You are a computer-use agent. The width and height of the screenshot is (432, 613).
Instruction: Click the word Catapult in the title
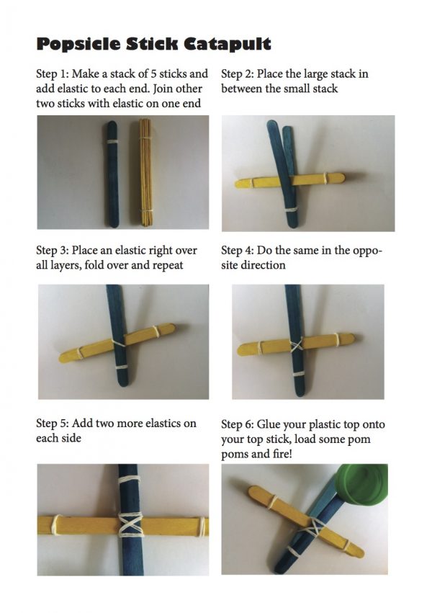point(228,44)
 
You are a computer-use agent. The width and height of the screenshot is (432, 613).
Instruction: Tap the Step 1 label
point(52,74)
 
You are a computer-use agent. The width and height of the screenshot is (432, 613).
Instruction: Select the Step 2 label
point(237,74)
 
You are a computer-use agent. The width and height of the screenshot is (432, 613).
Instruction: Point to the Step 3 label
point(52,250)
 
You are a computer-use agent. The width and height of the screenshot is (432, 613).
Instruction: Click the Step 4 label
point(237,250)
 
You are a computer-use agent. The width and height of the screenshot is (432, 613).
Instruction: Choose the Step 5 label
point(52,424)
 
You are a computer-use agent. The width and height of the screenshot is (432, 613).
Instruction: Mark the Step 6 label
point(237,424)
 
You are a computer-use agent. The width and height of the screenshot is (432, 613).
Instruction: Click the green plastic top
point(361,484)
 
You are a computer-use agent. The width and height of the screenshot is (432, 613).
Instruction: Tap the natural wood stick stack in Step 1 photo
point(145,172)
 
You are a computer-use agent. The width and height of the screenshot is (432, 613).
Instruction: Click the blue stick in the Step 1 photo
point(112,174)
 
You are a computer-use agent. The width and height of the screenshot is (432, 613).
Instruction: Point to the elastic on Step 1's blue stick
point(112,141)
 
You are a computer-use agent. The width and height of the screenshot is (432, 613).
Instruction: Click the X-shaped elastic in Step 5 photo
point(130,524)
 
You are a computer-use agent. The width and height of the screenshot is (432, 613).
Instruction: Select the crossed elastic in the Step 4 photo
point(296,346)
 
